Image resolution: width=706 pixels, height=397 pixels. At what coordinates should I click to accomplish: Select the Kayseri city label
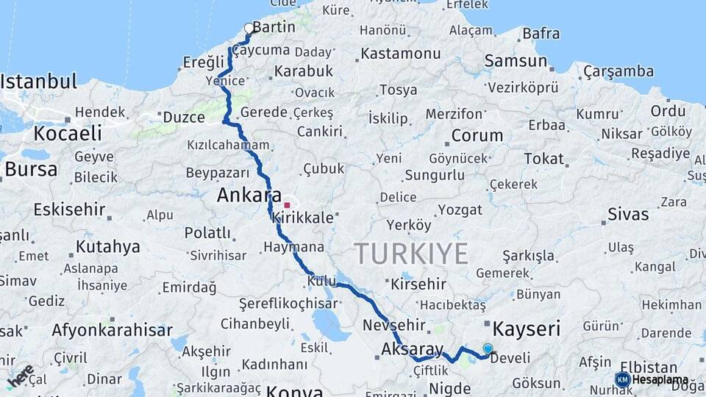tap(526, 328)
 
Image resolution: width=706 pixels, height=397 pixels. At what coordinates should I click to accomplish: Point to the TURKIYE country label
tap(411, 254)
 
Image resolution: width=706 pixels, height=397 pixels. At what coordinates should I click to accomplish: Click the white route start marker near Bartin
tap(249, 29)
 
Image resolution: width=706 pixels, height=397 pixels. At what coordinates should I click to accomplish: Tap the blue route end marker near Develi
tap(488, 348)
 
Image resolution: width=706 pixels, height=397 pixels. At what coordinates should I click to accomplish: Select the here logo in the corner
tap(20, 376)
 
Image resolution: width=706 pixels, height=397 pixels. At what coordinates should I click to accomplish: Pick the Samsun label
tap(516, 62)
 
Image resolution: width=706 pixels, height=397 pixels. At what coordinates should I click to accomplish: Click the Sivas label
tap(628, 215)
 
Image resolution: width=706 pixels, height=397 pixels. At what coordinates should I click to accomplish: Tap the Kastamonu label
tap(400, 54)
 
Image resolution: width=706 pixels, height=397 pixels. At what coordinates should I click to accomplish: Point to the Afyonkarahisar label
tap(112, 330)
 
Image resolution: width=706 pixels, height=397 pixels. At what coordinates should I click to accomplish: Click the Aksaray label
tap(413, 350)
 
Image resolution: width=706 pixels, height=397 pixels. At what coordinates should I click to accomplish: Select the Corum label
tap(477, 136)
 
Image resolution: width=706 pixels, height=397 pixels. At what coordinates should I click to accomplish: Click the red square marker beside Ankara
tap(287, 205)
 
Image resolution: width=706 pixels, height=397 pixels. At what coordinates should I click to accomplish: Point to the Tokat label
tap(543, 159)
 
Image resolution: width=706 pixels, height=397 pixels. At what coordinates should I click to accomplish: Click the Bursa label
tap(30, 169)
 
